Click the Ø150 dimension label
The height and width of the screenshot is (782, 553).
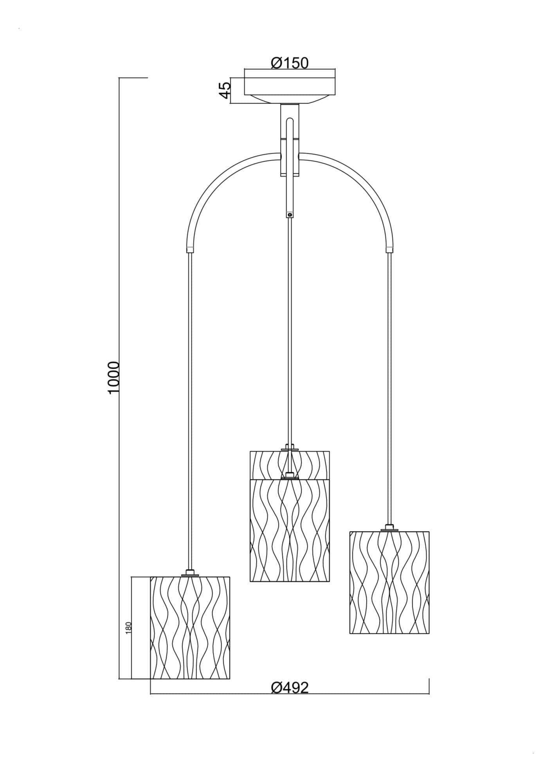290,63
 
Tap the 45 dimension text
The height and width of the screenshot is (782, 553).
225,90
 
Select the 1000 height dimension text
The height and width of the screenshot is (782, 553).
113,378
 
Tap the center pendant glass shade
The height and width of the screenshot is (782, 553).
290,516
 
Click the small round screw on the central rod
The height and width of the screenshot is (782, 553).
290,214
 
